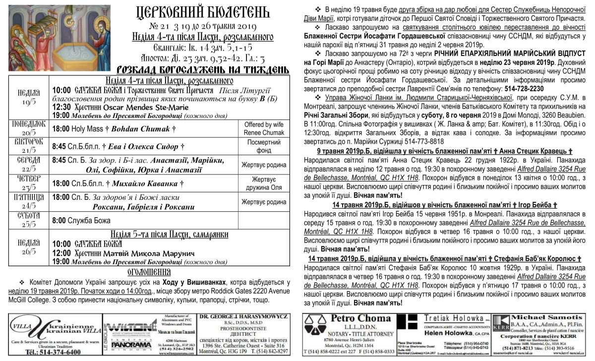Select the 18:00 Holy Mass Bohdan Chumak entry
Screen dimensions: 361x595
click(114, 128)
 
